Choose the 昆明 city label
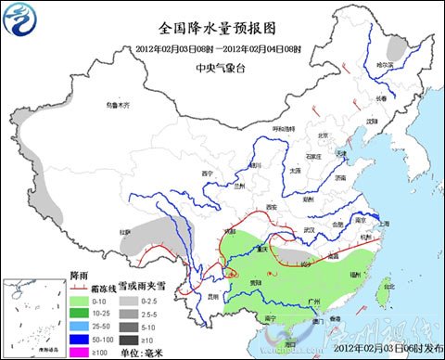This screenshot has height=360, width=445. tap(215, 296)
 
